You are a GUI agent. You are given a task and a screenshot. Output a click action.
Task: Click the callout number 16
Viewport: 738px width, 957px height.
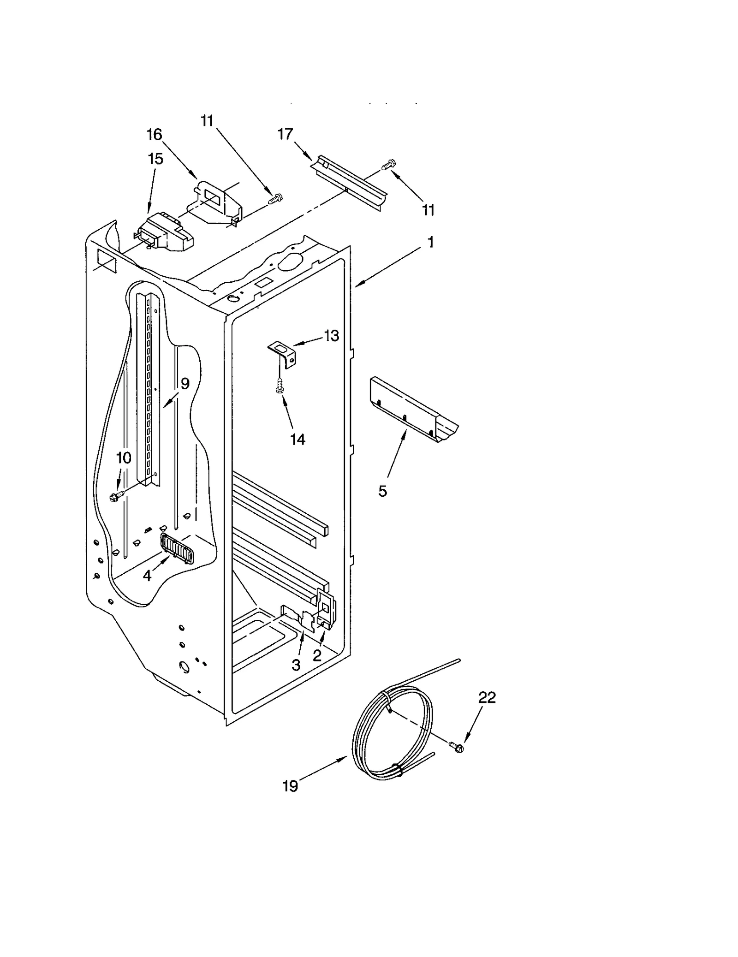pos(155,134)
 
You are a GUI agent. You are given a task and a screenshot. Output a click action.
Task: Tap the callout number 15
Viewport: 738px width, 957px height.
pos(155,159)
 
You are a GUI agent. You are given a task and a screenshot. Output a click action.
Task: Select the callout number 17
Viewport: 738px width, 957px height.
pos(285,134)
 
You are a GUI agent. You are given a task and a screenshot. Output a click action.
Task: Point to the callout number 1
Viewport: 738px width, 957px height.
pos(430,243)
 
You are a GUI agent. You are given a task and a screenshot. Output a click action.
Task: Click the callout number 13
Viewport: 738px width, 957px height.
pos(331,336)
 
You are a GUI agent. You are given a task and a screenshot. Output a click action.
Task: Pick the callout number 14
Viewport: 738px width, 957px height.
pos(298,440)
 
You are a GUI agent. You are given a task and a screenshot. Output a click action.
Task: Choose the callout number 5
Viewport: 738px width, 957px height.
pos(382,492)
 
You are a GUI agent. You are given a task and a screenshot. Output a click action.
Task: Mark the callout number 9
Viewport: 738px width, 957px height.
pos(184,383)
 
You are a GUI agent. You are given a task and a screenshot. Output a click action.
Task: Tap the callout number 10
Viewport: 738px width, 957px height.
pos(124,458)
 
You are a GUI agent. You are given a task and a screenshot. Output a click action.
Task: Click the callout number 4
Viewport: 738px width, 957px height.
pos(147,576)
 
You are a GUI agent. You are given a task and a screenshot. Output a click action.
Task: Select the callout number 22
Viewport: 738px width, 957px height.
pos(487,697)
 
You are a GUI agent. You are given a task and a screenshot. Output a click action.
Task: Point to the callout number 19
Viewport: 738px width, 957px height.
pos(290,786)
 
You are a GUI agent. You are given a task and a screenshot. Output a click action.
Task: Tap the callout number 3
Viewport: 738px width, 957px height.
pos(296,665)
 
